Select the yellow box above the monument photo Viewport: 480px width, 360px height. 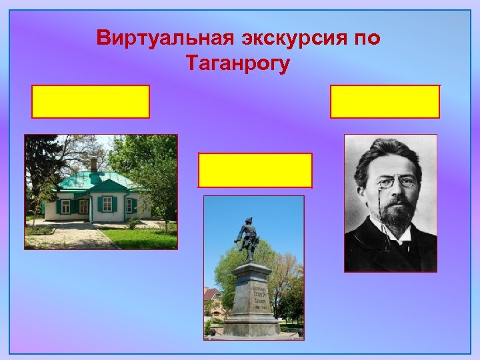[x=255, y=170]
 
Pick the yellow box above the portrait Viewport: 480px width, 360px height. [x=385, y=101]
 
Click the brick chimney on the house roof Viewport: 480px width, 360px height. [x=94, y=164]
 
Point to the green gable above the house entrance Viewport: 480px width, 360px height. [x=107, y=185]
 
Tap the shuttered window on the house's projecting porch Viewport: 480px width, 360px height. [x=107, y=204]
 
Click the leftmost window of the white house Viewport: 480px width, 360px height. [x=65, y=206]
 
